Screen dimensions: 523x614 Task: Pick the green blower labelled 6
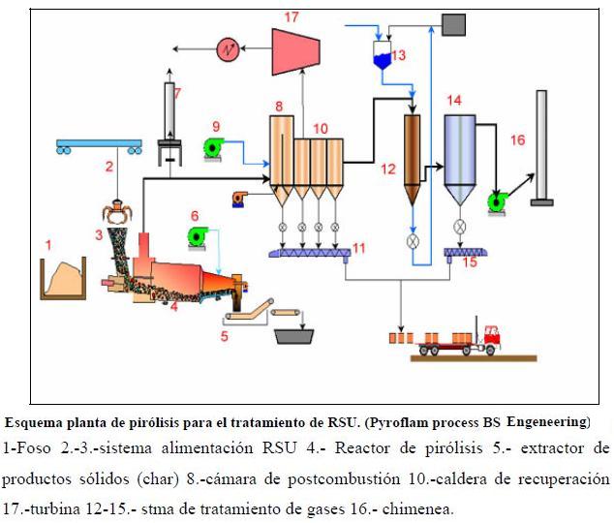pyautogui.click(x=198, y=235)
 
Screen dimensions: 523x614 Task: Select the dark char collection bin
pyautogui.click(x=297, y=336)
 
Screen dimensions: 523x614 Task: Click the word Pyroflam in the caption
pyautogui.click(x=419, y=422)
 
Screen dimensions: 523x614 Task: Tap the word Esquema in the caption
pyautogui.click(x=35, y=422)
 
